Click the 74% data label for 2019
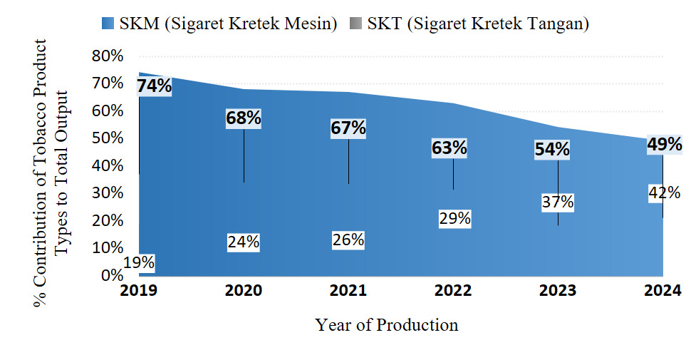pos(155,86)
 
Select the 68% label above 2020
pos(244,118)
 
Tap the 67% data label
pos(348,128)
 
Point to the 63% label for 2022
pos(450,148)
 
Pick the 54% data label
pos(553,150)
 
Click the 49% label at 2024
pos(664,145)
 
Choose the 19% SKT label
pos(139,262)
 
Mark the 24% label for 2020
pos(244,242)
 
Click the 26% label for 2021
pos(348,240)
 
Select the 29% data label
pos(454,219)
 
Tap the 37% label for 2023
pos(557,202)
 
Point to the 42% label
pos(664,192)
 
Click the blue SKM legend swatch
pos(108,24)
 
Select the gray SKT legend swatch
pos(355,24)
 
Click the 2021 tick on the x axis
pos(348,291)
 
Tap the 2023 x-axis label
pos(557,291)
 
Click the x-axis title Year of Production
pos(387,325)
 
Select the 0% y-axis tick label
pos(113,275)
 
